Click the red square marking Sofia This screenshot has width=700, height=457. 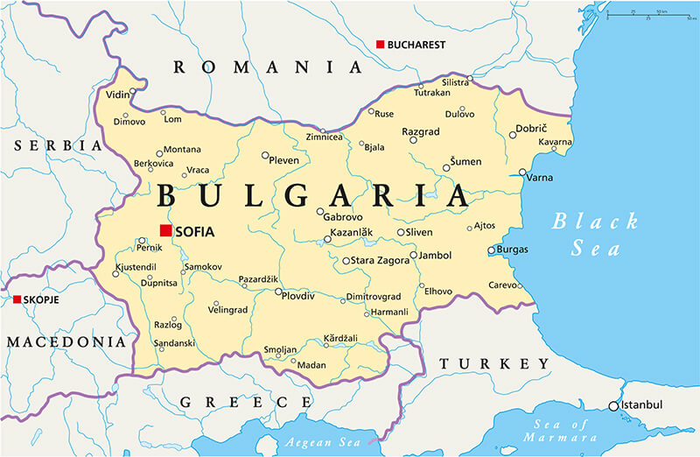(165, 230)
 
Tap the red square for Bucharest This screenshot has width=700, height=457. (380, 44)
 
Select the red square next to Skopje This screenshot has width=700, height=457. (17, 299)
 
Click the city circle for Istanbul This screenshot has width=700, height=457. (614, 405)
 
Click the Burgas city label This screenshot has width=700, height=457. (512, 250)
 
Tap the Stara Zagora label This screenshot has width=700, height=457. (381, 261)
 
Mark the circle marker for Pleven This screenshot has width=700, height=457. (266, 155)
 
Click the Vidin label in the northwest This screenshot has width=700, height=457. (116, 94)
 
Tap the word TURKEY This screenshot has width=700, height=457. (494, 363)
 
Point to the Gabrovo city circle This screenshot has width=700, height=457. (320, 211)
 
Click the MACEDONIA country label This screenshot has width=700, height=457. (67, 341)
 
